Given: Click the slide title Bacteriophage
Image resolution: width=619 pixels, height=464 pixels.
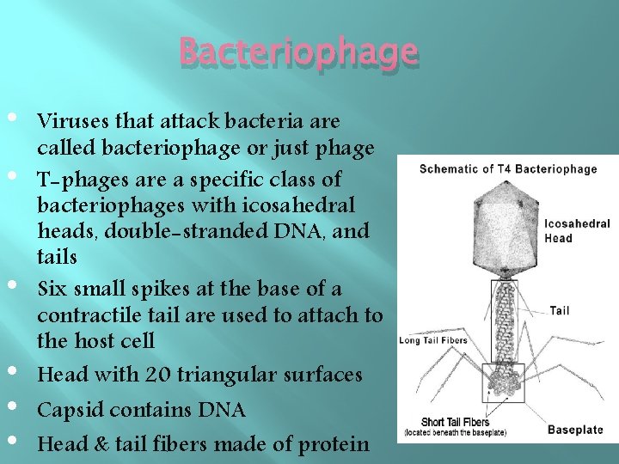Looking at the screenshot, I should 298,53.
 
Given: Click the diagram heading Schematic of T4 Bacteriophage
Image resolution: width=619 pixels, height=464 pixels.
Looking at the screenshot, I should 507,168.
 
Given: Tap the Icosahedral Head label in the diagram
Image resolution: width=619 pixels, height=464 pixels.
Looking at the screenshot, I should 577,231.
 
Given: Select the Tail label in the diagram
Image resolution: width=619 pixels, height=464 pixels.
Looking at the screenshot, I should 559,310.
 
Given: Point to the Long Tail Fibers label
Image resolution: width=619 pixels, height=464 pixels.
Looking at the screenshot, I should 433,340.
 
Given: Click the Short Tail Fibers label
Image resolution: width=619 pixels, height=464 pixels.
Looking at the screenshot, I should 456,422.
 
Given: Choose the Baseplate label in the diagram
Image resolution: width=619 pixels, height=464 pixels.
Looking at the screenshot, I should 575,429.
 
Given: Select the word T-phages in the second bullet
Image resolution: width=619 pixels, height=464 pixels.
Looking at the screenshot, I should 75,180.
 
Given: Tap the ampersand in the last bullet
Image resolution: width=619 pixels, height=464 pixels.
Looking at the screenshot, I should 94,444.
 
